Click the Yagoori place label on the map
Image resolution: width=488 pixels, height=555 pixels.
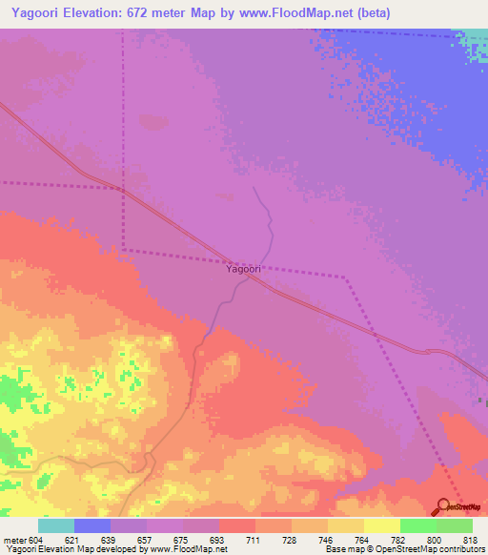click(243, 269)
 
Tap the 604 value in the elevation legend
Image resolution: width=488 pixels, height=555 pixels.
click(34, 540)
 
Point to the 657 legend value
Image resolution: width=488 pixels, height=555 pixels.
click(146, 540)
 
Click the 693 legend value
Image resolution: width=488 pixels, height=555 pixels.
click(218, 540)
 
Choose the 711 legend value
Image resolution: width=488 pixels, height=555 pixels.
click(254, 540)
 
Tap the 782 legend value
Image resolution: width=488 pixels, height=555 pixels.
click(398, 540)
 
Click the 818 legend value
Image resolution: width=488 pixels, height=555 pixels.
click(471, 540)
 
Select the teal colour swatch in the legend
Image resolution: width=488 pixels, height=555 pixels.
click(56, 525)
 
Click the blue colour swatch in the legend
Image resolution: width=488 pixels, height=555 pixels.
click(92, 525)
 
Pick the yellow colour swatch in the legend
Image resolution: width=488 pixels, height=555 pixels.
click(382, 525)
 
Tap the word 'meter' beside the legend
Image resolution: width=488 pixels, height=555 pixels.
click(13, 540)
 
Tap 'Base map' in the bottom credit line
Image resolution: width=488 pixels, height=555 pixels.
click(337, 550)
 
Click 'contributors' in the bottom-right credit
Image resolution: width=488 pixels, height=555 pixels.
click(460, 550)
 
